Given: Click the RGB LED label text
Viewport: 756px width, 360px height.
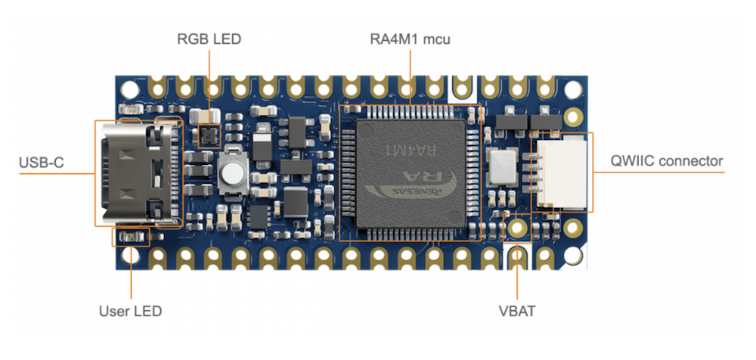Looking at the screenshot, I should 209,39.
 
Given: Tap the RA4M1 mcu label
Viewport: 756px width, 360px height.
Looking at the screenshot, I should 409,39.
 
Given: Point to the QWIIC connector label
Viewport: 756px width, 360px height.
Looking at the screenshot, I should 668,161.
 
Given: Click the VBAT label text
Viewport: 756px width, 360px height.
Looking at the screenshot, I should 516,311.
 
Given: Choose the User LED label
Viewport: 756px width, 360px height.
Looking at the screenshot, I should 131,311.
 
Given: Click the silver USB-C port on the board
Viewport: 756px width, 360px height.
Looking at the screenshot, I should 136,172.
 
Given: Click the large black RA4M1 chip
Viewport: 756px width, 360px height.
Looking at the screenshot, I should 409,172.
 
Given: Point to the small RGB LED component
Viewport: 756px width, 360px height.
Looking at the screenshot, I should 206,136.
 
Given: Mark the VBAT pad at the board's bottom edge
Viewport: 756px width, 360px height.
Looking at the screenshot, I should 517,257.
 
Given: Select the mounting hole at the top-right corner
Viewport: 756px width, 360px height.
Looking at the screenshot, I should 575,88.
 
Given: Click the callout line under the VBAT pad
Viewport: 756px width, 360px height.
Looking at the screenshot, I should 517,284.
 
